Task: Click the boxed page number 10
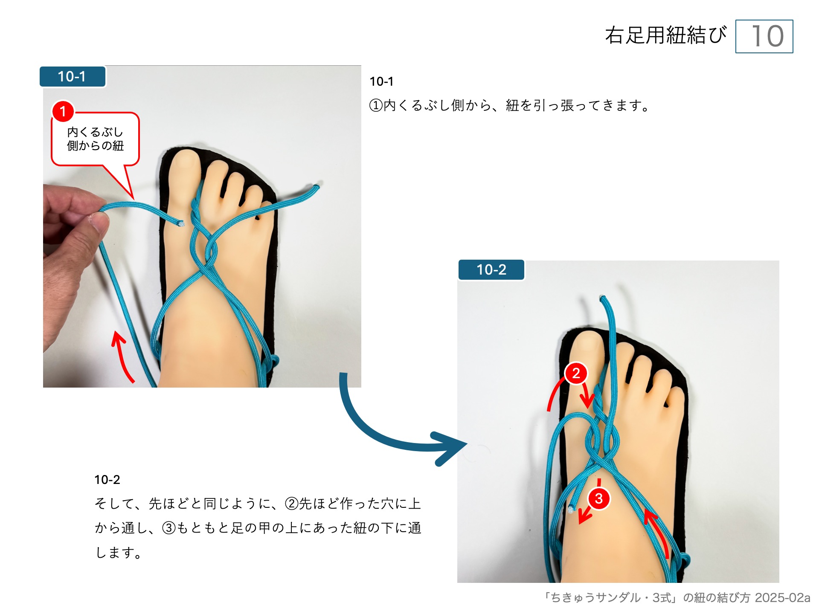click(764, 36)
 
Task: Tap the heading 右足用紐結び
click(665, 35)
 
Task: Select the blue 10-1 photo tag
click(72, 77)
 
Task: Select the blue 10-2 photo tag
click(491, 270)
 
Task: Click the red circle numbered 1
click(63, 111)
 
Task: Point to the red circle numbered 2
click(576, 373)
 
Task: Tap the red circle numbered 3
click(598, 498)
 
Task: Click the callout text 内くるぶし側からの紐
click(95, 139)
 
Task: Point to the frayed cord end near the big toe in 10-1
click(180, 223)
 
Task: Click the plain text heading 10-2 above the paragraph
click(107, 480)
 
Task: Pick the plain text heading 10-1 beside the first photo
click(381, 81)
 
